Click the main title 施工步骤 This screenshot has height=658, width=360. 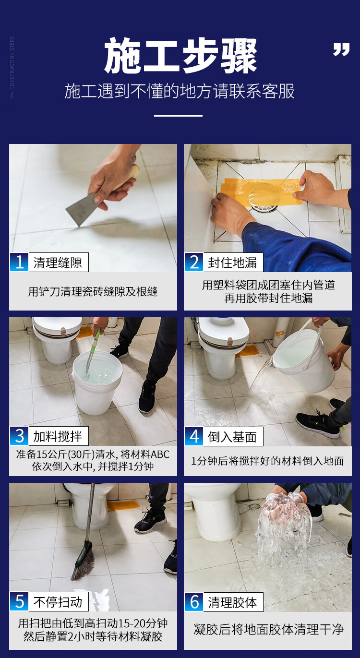[x=180, y=56]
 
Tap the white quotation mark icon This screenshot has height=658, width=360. [x=341, y=49]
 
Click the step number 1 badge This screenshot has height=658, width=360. [x=19, y=262]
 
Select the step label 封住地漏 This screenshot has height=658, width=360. [x=232, y=263]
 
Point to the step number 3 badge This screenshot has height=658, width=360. [x=19, y=436]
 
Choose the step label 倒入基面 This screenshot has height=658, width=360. [x=232, y=437]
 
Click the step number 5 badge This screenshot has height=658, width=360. [x=19, y=601]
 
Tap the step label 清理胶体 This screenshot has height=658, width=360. [x=232, y=602]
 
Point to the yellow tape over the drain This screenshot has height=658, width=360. [x=262, y=191]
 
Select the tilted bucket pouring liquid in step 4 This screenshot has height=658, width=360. [x=304, y=360]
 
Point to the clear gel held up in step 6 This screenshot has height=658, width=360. [x=284, y=526]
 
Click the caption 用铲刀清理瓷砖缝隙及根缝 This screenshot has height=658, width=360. [x=93, y=291]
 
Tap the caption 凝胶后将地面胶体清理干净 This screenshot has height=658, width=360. [x=268, y=630]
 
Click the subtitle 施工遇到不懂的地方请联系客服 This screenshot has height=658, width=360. [x=180, y=91]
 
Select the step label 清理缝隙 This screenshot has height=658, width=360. [x=58, y=263]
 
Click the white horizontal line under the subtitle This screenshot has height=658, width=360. [x=179, y=116]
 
